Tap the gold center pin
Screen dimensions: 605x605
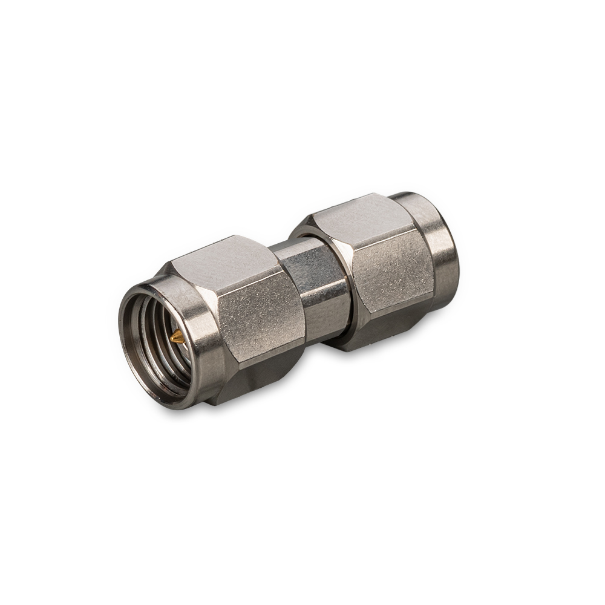(x=175, y=338)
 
